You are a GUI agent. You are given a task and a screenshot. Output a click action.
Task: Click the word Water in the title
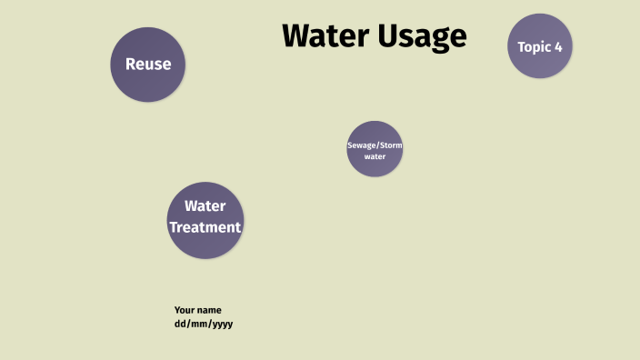coord(325,35)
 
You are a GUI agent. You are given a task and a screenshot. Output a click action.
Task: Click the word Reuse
coord(148,65)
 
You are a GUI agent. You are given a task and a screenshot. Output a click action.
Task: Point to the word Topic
coord(535,46)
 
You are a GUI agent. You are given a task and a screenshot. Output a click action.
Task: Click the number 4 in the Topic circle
coord(558,46)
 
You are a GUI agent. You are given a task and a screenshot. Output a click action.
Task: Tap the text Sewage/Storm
coord(375,145)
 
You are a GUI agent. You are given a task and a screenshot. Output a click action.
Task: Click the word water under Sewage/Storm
coord(375,157)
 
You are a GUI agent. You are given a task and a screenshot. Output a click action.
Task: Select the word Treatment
coord(205,227)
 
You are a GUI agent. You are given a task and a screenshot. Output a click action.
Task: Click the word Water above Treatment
coord(205,206)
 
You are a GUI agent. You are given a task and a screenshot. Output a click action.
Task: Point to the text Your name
coord(197,310)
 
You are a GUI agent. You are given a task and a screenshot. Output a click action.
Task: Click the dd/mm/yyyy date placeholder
coord(204,324)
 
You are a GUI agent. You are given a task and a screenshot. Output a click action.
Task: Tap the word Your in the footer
coord(185,310)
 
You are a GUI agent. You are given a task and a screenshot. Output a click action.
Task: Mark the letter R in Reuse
coord(130,65)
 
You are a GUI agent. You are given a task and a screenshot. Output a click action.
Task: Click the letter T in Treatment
coord(174,227)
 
